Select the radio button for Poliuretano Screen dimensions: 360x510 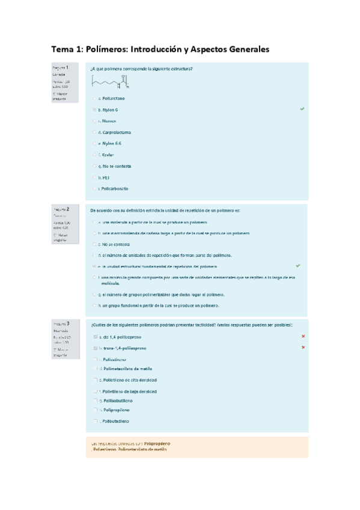(x=94, y=98)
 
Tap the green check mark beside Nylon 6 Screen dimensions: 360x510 (x=302, y=109)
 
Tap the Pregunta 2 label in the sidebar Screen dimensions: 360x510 (x=61, y=209)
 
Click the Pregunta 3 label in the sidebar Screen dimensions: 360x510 (x=61, y=324)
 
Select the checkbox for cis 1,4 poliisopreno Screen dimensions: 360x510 (x=94, y=337)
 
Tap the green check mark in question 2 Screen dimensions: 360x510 (x=299, y=265)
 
